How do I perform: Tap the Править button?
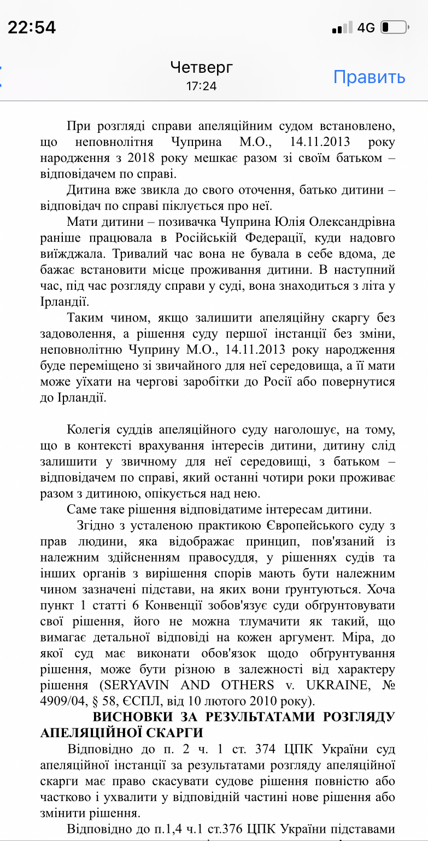click(369, 77)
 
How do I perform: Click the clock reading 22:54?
click(32, 27)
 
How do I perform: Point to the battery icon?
click(394, 27)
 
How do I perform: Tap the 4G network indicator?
click(366, 27)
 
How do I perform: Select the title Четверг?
click(201, 67)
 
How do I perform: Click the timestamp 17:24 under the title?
click(201, 86)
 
